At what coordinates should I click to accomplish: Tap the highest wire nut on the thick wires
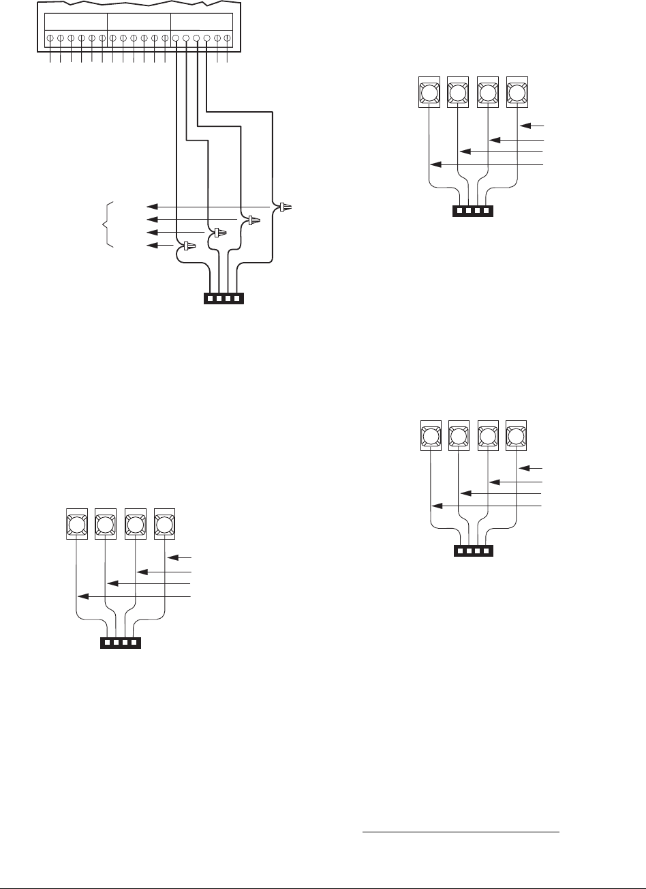[284, 206]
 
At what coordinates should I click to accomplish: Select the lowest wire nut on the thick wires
[187, 246]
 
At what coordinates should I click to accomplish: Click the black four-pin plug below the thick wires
[224, 298]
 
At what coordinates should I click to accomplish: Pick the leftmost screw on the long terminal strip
[51, 39]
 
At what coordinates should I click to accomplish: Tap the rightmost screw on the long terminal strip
[227, 39]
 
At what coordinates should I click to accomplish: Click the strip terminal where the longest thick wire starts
[207, 39]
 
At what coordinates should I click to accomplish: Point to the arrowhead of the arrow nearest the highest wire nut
[153, 206]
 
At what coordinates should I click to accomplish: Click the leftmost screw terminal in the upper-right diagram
[427, 92]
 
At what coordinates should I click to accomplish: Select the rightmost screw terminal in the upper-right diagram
[517, 92]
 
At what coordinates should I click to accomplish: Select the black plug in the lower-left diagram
[121, 643]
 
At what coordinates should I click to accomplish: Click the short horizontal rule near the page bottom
[460, 833]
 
